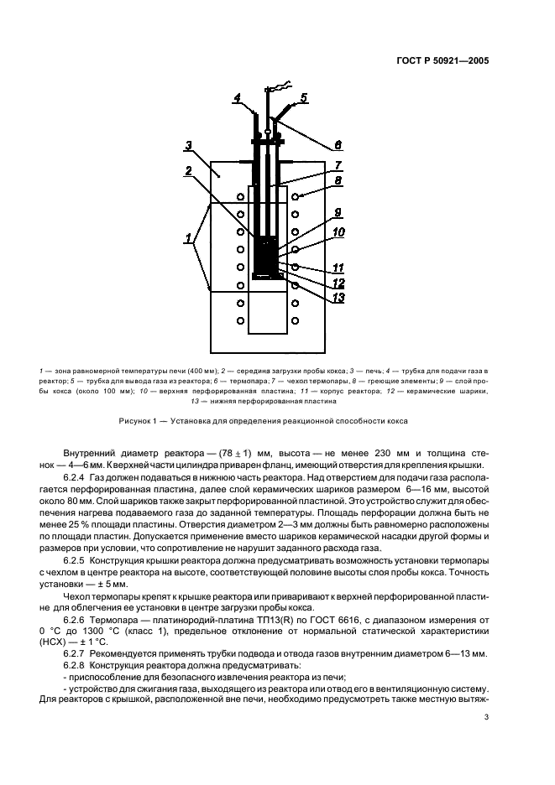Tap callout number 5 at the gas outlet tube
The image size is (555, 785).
click(304, 97)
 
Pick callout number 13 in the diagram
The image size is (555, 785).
click(338, 296)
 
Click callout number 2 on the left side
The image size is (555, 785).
click(190, 170)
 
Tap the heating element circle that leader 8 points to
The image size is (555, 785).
click(296, 196)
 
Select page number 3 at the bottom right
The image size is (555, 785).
click(486, 716)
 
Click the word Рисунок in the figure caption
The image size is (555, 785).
click(137, 421)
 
